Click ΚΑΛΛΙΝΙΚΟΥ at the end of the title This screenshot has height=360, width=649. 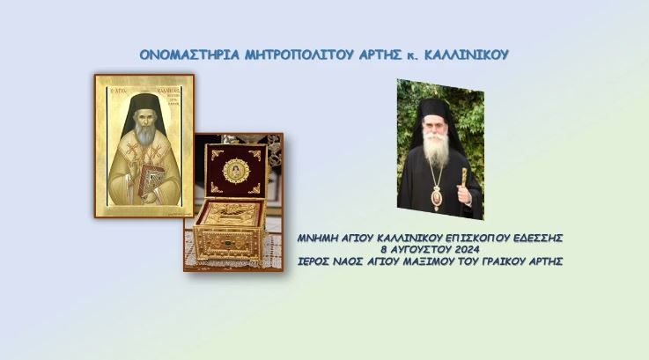[x=466, y=55]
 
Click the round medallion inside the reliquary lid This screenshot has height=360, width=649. [x=235, y=170]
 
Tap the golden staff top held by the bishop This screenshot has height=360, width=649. [x=464, y=175]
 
